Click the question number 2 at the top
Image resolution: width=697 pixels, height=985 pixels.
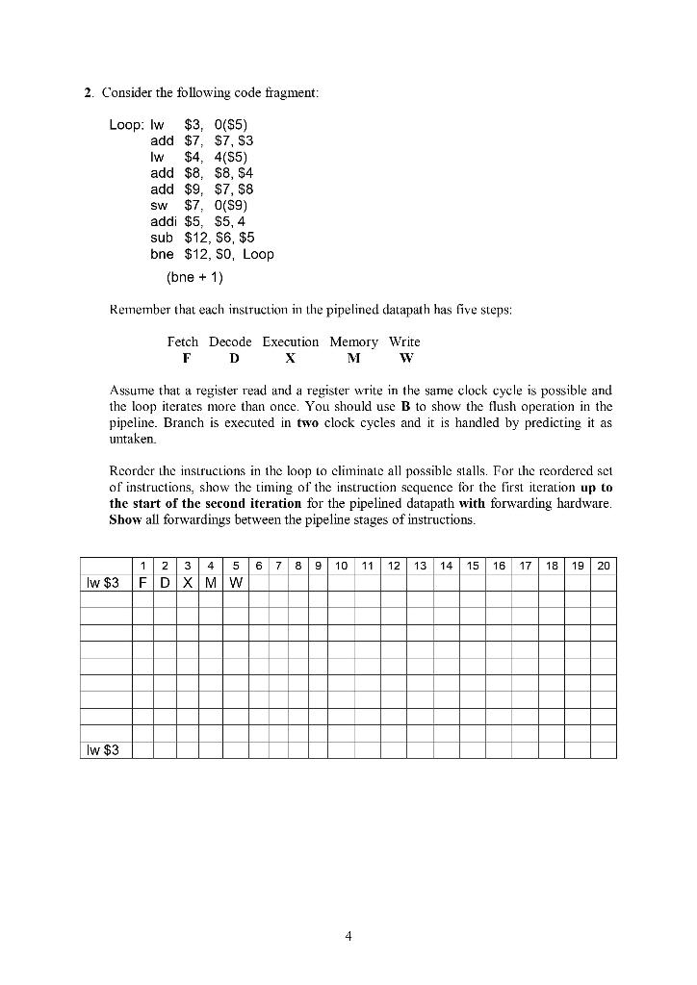point(87,92)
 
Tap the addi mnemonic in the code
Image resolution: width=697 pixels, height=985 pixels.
point(163,221)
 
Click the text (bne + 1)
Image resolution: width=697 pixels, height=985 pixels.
point(195,278)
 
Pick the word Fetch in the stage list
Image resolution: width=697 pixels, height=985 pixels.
point(183,341)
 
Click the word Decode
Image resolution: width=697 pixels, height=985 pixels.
point(230,341)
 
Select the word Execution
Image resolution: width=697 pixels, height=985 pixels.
point(290,341)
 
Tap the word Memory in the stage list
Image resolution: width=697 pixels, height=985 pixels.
point(353,341)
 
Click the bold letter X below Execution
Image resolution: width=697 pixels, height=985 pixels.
point(290,358)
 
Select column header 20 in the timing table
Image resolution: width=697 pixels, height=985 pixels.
point(603,566)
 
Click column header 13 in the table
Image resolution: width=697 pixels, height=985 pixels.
point(420,566)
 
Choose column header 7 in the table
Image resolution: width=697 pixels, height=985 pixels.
point(275,566)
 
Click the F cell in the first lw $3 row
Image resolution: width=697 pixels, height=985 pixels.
point(142,583)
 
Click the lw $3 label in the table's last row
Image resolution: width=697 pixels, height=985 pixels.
point(105,749)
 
